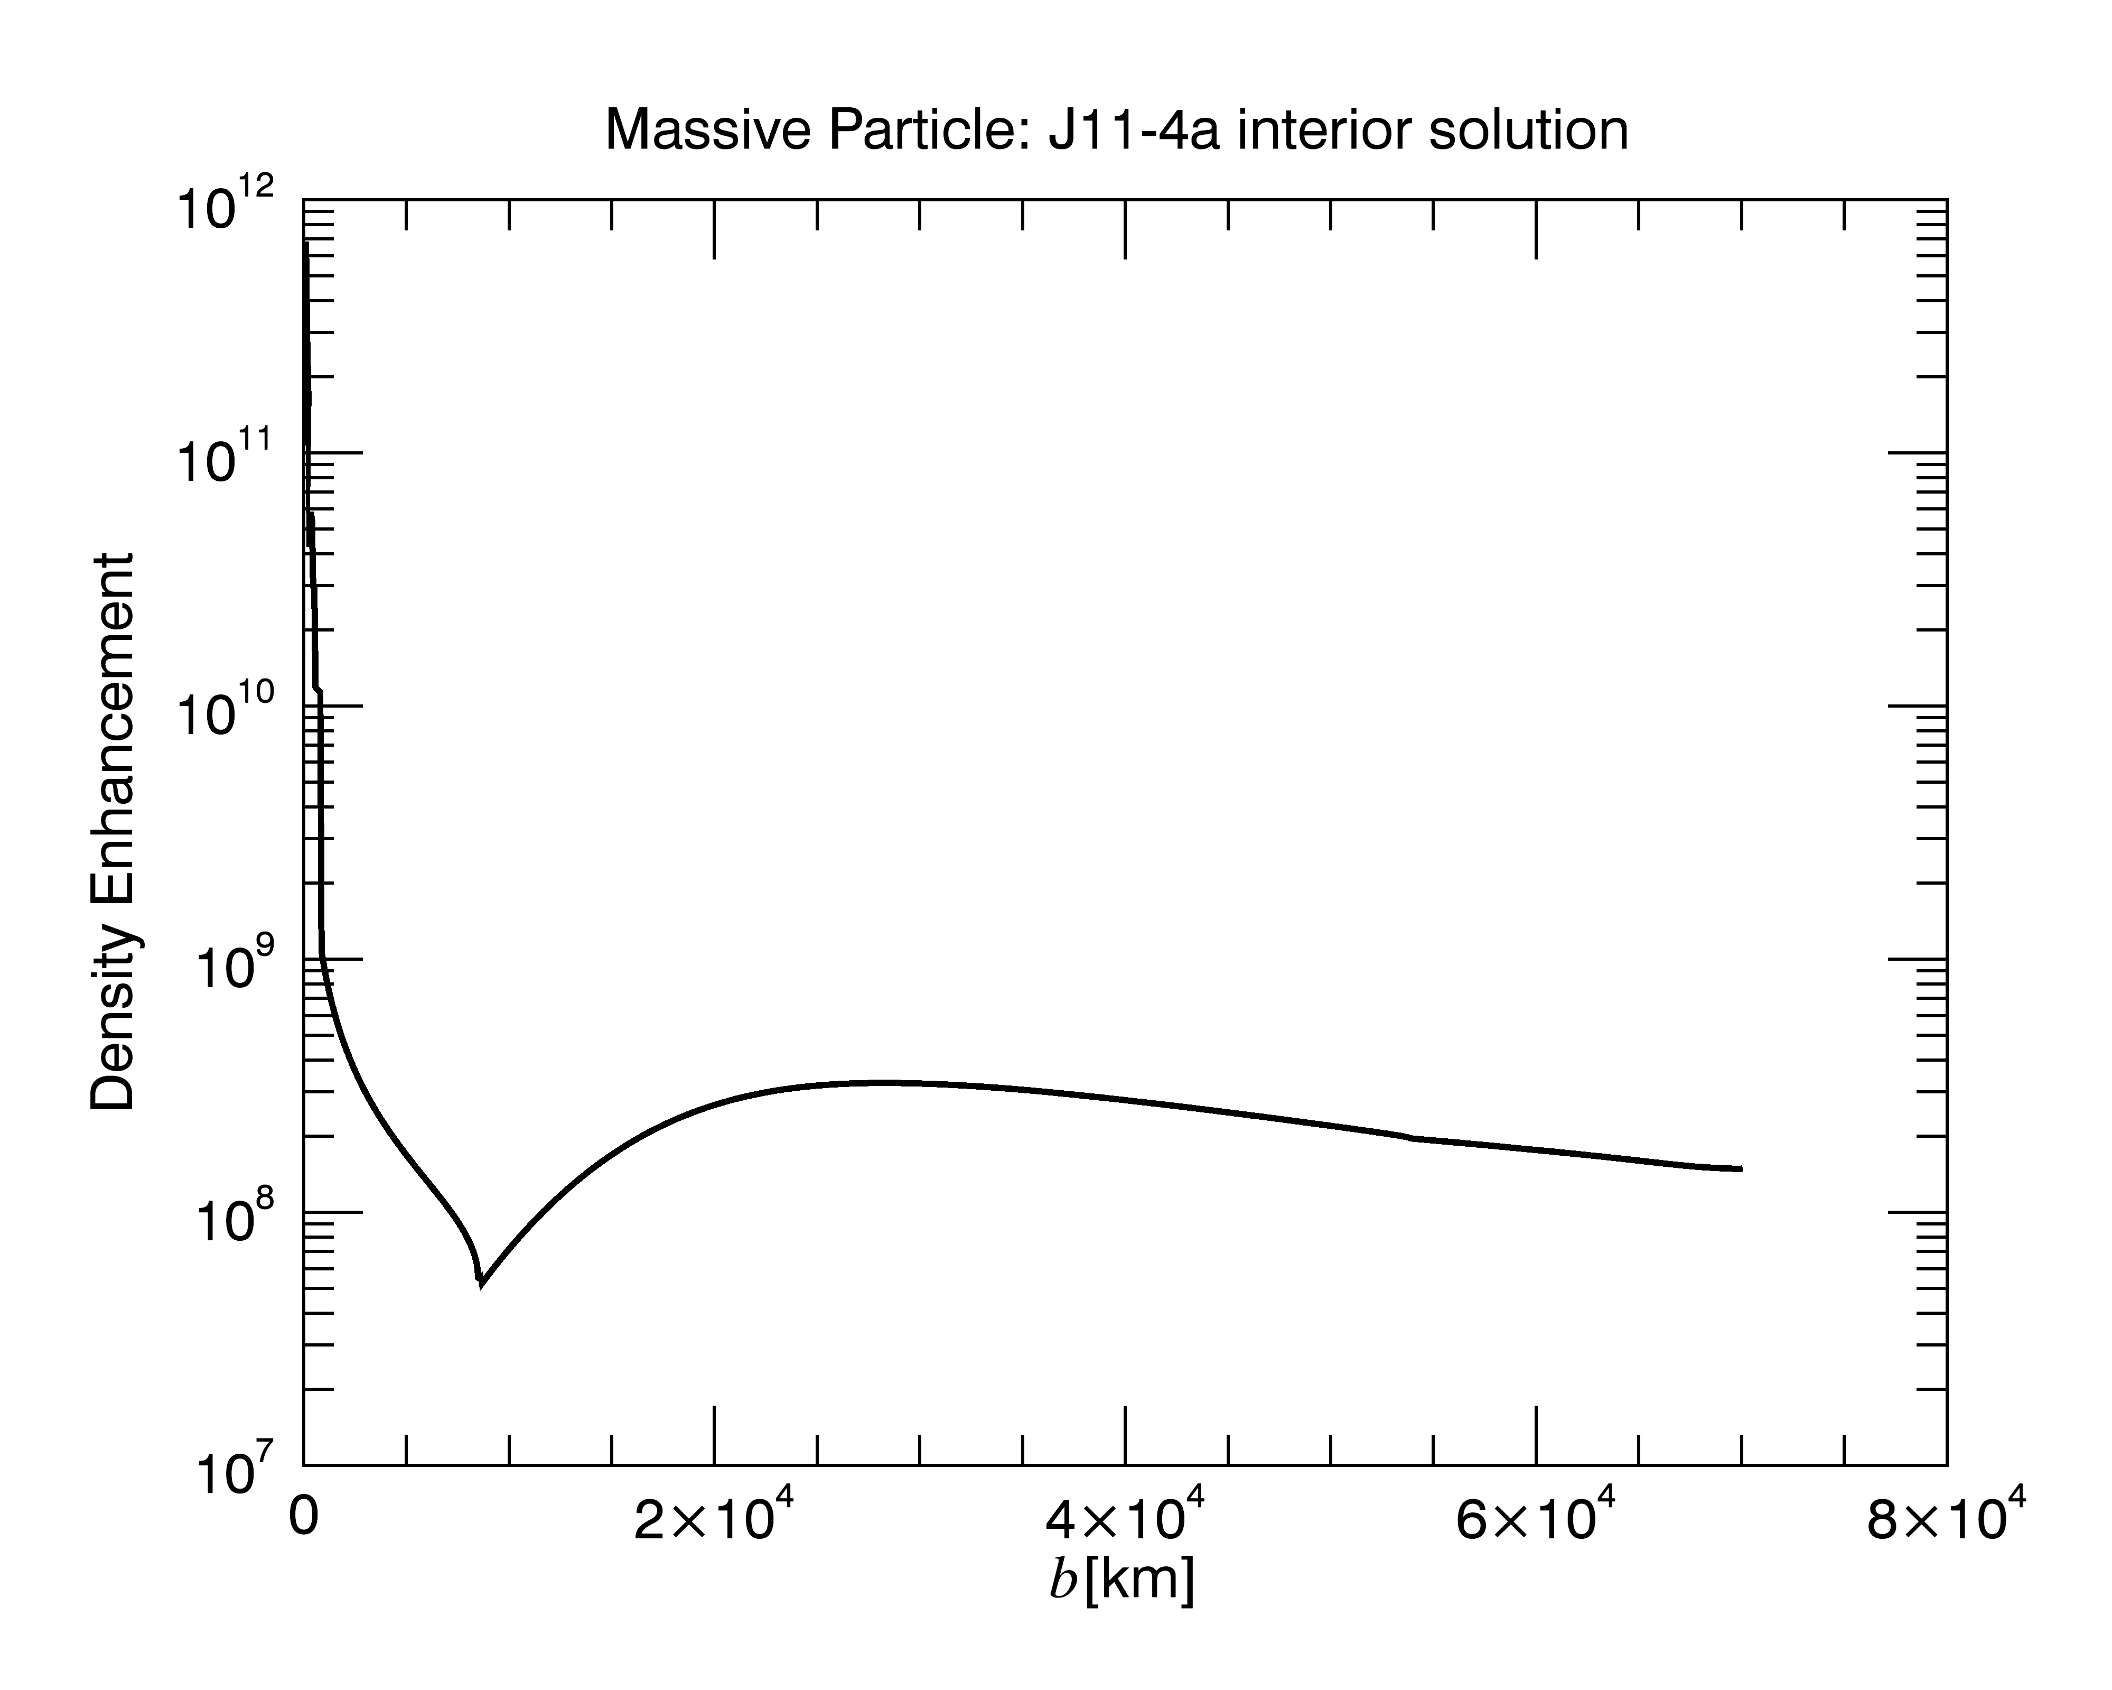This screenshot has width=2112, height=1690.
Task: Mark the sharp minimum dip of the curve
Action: (x=480, y=1284)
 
